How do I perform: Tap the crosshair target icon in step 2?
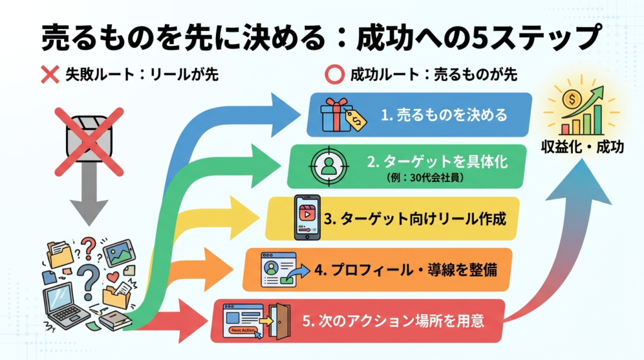click(x=327, y=166)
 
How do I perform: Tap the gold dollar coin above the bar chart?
click(x=573, y=98)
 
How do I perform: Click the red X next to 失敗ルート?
click(x=50, y=74)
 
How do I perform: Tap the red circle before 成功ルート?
click(x=333, y=74)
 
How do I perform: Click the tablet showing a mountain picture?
click(x=118, y=253)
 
